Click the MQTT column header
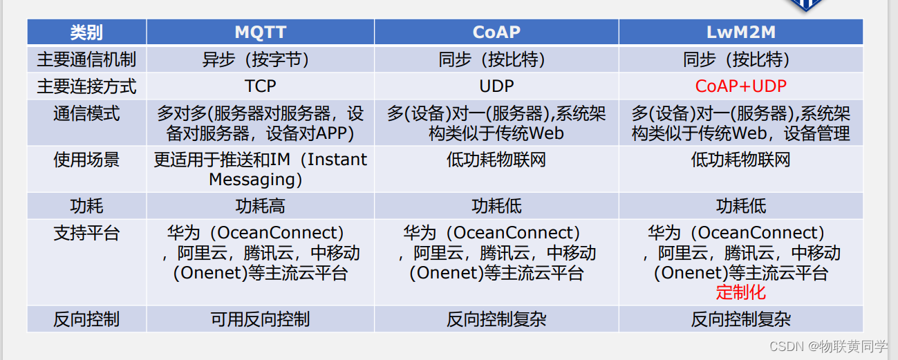(x=260, y=32)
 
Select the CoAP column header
(x=496, y=32)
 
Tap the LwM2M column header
(x=740, y=32)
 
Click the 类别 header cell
(x=86, y=32)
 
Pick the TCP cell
(x=260, y=86)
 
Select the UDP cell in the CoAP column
(x=496, y=86)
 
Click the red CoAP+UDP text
(x=740, y=86)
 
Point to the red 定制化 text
(x=740, y=292)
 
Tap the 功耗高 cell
(x=260, y=206)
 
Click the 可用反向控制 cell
(x=260, y=319)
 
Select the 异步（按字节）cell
(x=260, y=59)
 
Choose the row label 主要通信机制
(x=86, y=59)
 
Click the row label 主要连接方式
(x=86, y=86)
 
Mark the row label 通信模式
(x=86, y=113)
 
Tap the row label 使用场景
(x=86, y=160)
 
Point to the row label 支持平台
(x=86, y=233)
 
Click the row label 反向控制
(x=86, y=319)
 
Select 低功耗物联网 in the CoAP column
(x=496, y=160)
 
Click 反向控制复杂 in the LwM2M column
(x=740, y=319)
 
